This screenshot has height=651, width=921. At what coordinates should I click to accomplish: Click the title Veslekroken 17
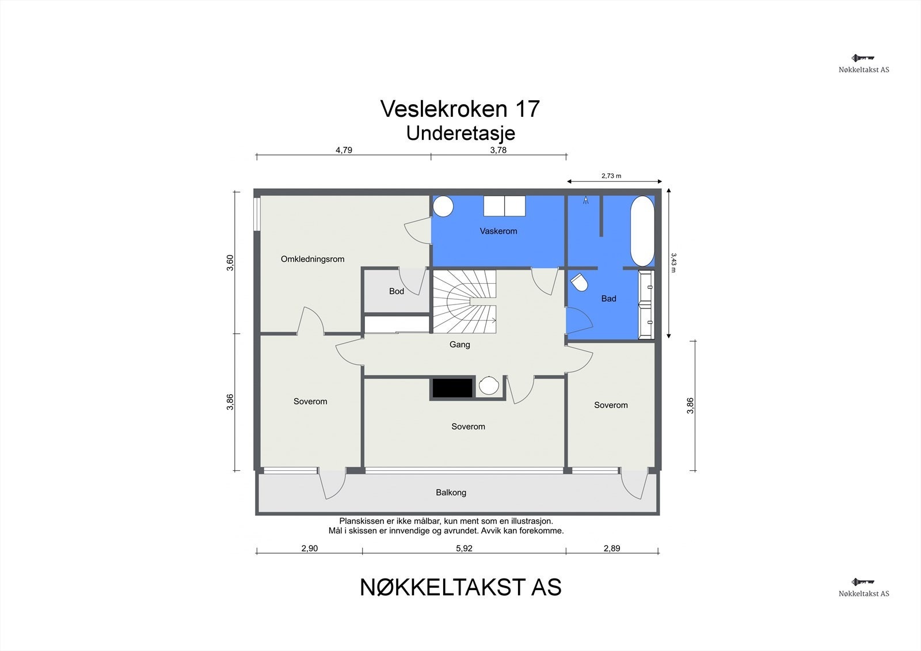tap(460, 109)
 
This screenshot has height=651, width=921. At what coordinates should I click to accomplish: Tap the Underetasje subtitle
tap(460, 133)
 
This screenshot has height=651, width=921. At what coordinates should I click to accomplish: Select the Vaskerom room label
tap(498, 231)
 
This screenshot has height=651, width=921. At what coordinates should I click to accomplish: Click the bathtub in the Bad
tap(642, 231)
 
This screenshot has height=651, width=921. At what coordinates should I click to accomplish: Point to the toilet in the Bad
tap(579, 283)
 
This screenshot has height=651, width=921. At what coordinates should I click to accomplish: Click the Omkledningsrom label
tap(313, 259)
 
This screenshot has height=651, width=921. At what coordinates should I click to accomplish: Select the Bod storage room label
tap(397, 291)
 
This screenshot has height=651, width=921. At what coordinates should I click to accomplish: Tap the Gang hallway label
tap(459, 345)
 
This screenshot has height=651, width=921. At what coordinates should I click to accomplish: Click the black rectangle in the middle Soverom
tap(452, 389)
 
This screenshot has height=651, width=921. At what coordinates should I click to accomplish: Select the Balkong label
tap(451, 493)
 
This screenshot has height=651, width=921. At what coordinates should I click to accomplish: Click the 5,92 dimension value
tap(464, 549)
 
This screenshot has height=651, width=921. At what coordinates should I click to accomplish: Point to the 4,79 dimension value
tap(344, 150)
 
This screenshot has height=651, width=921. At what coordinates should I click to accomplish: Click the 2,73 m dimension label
tap(611, 176)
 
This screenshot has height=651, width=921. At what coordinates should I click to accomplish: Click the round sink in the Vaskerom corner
tap(443, 206)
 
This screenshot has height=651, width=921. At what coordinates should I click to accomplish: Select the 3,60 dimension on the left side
tap(230, 262)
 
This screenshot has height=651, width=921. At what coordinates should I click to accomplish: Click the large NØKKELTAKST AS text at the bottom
tap(461, 588)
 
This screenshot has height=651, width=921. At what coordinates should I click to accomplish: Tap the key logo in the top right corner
tap(863, 58)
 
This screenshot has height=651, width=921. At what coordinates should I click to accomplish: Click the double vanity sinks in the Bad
tap(647, 304)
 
